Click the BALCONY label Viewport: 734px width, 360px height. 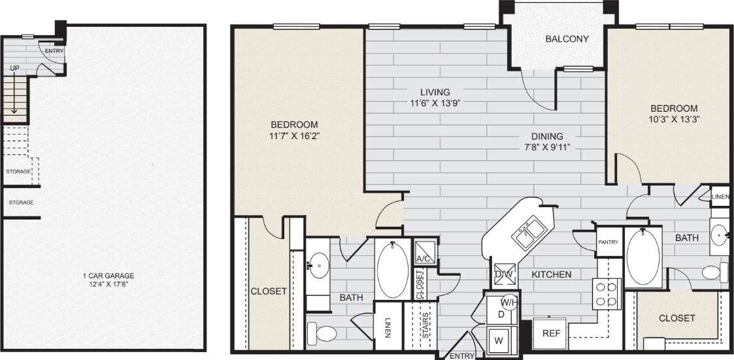(567, 39)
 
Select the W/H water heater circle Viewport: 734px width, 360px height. (510, 303)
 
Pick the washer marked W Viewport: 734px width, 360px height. (500, 340)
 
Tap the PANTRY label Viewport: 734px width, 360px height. (608, 242)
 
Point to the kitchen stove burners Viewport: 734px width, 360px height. (606, 294)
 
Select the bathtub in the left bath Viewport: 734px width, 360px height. (392, 269)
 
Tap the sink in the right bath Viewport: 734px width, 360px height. (720, 233)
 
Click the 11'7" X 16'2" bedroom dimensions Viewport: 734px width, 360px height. (294, 136)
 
